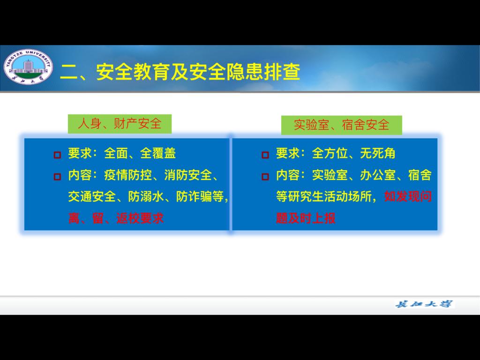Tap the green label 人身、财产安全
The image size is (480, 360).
click(x=120, y=124)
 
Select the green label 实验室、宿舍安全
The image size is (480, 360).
click(x=341, y=125)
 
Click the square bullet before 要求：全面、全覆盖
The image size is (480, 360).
click(x=57, y=155)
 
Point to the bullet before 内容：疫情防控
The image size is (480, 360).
click(x=57, y=177)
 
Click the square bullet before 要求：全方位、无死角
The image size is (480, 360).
click(x=265, y=155)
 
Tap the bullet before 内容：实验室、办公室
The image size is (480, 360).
click(x=265, y=177)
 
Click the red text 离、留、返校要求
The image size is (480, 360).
click(x=116, y=218)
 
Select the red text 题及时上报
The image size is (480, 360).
click(x=306, y=218)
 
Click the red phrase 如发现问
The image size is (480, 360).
click(x=408, y=196)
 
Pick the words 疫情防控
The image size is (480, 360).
click(x=128, y=175)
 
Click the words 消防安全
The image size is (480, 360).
click(x=188, y=175)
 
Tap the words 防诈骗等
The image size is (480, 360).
click(x=200, y=196)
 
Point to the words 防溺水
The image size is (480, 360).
click(x=146, y=196)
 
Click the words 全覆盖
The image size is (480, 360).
click(x=158, y=153)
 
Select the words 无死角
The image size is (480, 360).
click(x=378, y=153)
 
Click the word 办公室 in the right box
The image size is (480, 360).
click(x=378, y=175)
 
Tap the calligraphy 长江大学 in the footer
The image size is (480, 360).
click(x=424, y=304)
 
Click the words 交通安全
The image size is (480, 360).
click(x=92, y=196)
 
